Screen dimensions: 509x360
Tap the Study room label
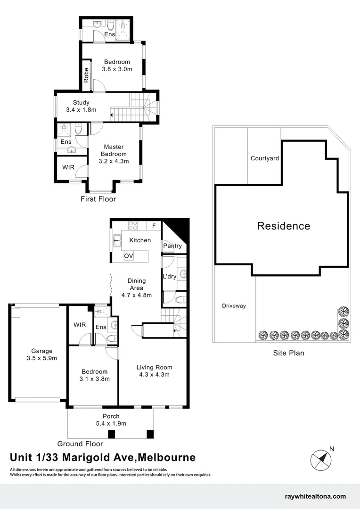click(81, 106)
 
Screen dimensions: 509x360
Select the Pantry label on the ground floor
click(172, 246)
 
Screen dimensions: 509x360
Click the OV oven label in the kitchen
click(129, 256)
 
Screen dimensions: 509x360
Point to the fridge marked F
click(154, 225)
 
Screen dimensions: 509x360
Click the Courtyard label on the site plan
click(264, 158)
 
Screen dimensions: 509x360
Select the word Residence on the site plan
click(284, 226)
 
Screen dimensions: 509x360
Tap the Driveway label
click(234, 306)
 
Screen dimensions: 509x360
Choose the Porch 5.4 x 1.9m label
click(111, 420)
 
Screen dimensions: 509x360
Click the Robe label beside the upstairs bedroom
click(86, 75)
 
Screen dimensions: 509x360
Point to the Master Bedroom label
click(114, 154)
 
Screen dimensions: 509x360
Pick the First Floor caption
click(98, 199)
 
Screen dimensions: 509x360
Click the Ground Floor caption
click(80, 443)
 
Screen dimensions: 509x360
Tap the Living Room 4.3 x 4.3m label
click(154, 371)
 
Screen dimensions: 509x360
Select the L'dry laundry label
click(169, 277)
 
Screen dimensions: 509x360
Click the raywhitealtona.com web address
click(316, 496)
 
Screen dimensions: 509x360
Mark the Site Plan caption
click(289, 353)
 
